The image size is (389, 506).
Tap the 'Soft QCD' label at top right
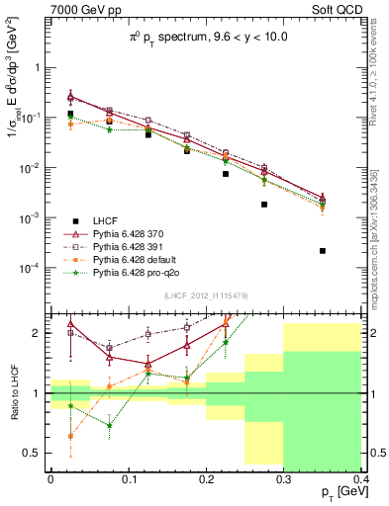coord(334,9)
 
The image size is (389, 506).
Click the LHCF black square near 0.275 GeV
coord(264,205)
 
